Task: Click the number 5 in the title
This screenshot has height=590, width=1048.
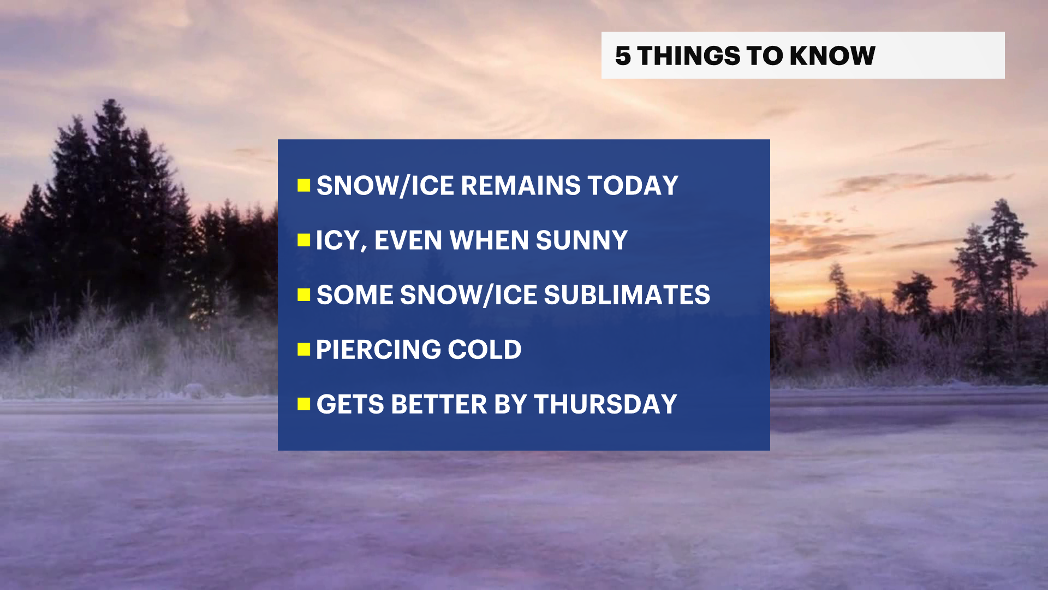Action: click(623, 56)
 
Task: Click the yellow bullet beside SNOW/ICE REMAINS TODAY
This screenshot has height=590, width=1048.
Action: click(304, 186)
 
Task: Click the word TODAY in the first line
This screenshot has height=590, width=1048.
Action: click(633, 186)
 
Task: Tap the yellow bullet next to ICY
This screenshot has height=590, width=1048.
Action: click(304, 240)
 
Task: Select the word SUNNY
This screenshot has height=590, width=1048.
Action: click(582, 240)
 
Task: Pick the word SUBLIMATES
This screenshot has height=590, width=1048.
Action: click(627, 295)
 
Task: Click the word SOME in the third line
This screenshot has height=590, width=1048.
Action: click(355, 295)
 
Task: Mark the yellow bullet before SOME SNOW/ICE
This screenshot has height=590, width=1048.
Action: click(304, 295)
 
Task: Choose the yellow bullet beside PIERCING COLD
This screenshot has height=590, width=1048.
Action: click(304, 350)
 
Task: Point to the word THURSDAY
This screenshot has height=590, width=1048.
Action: click(605, 404)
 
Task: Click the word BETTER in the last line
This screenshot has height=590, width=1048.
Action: click(439, 404)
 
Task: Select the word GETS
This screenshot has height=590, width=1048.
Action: click(350, 404)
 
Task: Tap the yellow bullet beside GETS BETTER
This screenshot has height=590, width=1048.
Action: click(304, 404)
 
